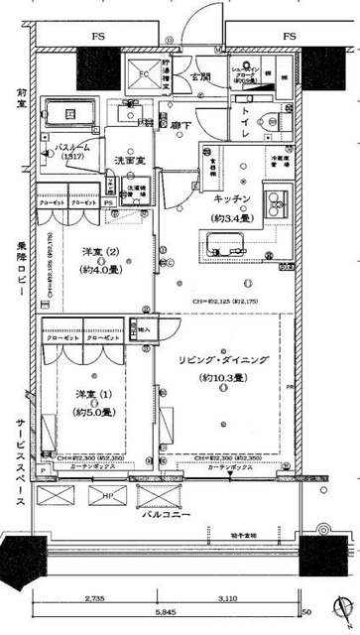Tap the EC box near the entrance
tap(144, 73)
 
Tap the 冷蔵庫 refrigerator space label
tap(280, 159)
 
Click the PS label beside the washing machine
tap(108, 201)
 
